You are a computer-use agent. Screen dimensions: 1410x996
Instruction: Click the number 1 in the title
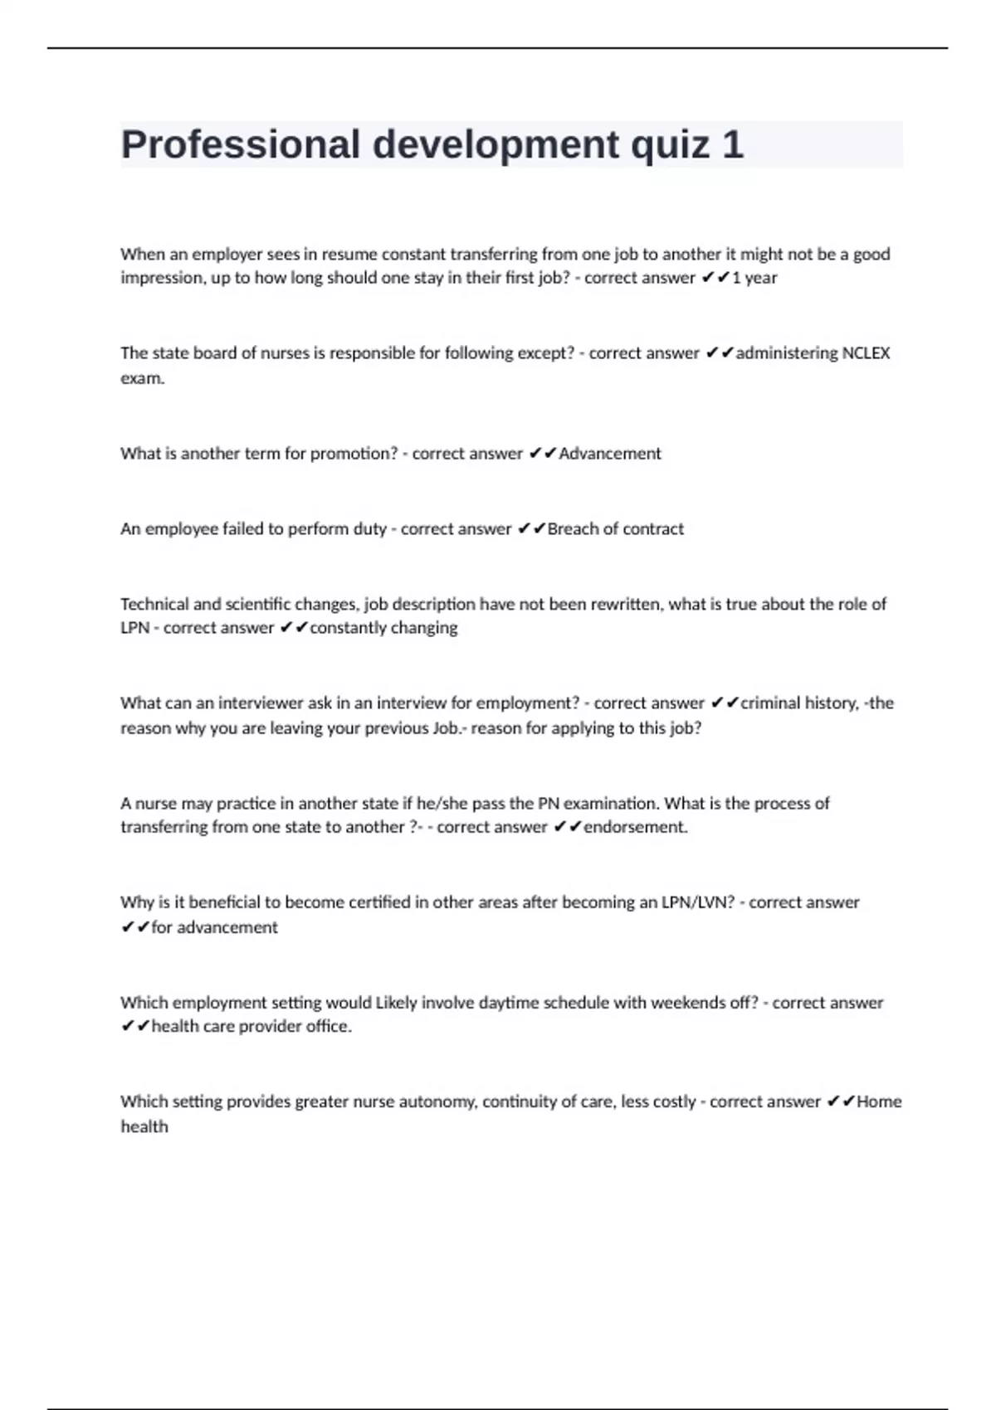coord(732,145)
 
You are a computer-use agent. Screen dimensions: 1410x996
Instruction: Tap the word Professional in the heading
coord(241,145)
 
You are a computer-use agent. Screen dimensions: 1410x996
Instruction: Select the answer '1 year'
coord(754,278)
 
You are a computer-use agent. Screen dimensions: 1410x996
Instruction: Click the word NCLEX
coord(866,353)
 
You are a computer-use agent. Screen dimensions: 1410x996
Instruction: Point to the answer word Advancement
coord(610,454)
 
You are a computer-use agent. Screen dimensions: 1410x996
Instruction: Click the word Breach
coord(572,529)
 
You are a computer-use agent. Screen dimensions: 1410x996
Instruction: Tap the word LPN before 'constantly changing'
coord(134,628)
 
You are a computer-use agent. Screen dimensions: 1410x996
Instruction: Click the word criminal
coord(770,703)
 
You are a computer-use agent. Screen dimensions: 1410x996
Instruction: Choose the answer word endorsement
coord(635,827)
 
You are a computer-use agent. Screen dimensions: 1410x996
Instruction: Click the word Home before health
coord(879,1102)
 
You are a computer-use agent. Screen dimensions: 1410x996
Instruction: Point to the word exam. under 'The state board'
coord(143,378)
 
